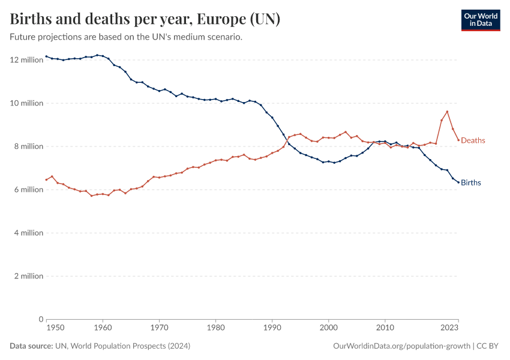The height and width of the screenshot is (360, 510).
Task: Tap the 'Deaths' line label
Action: coord(473,140)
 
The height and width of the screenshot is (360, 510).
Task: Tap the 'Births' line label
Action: coord(471,182)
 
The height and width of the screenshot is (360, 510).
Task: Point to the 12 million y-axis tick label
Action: coord(27,60)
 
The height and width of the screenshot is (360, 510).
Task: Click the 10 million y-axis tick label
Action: coord(27,103)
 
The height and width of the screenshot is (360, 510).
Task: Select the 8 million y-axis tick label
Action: coord(29,146)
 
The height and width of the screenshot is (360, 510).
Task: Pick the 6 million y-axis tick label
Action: coord(29,190)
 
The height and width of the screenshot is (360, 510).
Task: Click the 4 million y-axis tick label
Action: coord(29,233)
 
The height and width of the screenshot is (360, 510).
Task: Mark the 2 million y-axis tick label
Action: coord(29,276)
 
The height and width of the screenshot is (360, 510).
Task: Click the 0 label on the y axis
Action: coord(41,319)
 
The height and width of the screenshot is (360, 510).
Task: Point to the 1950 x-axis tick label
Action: coord(55,328)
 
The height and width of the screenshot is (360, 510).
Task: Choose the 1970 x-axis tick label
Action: coord(159,328)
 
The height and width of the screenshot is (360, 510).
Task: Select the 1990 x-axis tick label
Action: coord(272,328)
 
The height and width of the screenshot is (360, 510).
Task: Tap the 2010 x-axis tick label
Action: coord(385,328)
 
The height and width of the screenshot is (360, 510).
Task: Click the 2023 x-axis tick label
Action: coord(450,328)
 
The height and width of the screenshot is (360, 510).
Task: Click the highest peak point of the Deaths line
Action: coord(447,112)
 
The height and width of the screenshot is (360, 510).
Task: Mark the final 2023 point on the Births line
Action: coord(458,182)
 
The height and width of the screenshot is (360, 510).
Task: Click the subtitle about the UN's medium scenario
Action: coord(126,37)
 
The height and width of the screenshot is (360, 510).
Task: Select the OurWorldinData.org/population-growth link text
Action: coord(401,346)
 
